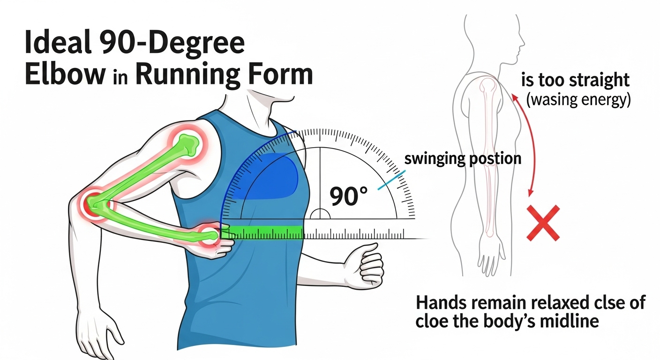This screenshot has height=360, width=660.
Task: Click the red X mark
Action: click(543, 223)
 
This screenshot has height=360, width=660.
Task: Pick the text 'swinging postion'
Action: click(463, 158)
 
